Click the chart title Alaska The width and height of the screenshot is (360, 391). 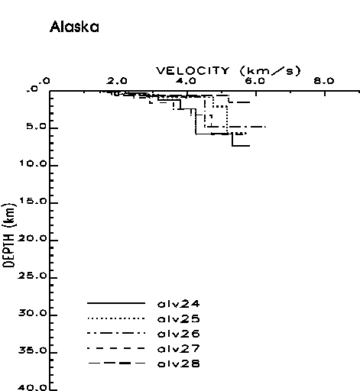[x=74, y=27]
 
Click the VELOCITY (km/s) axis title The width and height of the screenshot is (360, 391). [x=229, y=71]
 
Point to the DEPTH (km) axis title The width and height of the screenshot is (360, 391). [x=9, y=235]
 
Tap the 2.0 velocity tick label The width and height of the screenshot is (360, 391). [x=117, y=81]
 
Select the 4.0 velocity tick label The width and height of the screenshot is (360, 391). [x=186, y=81]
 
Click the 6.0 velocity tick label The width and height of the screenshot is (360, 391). [x=255, y=81]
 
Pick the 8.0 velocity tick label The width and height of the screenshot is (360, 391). [x=324, y=81]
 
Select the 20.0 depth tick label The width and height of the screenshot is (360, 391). [x=33, y=238]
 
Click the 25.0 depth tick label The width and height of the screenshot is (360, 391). [x=33, y=276]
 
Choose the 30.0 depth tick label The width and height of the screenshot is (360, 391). [x=33, y=313]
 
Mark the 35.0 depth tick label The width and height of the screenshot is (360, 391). [x=33, y=351]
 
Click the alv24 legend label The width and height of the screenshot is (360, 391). [x=179, y=304]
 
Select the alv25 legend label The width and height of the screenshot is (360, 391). [x=179, y=319]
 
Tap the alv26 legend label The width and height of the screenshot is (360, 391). [x=179, y=334]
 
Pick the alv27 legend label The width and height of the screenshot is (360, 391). [x=179, y=349]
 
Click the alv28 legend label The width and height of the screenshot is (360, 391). [x=179, y=364]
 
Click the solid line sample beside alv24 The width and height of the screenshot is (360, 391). [x=116, y=303]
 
